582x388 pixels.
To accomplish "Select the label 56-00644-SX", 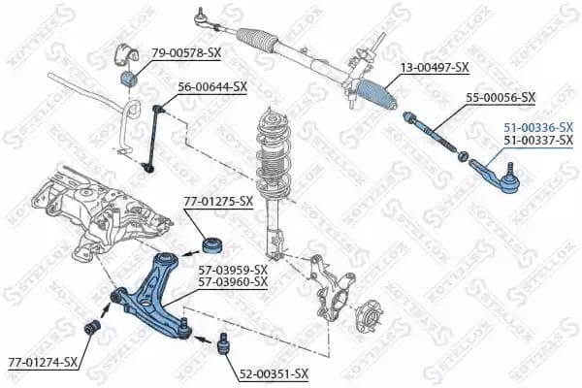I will coord(211,86).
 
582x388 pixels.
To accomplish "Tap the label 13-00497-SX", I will coord(435,67).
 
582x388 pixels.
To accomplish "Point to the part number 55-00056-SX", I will coord(501,97).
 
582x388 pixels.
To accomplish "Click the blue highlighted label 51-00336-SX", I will coord(537,127).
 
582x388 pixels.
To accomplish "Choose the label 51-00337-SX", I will coord(537,141).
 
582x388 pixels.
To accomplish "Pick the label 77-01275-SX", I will coord(218,202).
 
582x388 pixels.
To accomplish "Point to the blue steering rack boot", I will coord(376,95).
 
